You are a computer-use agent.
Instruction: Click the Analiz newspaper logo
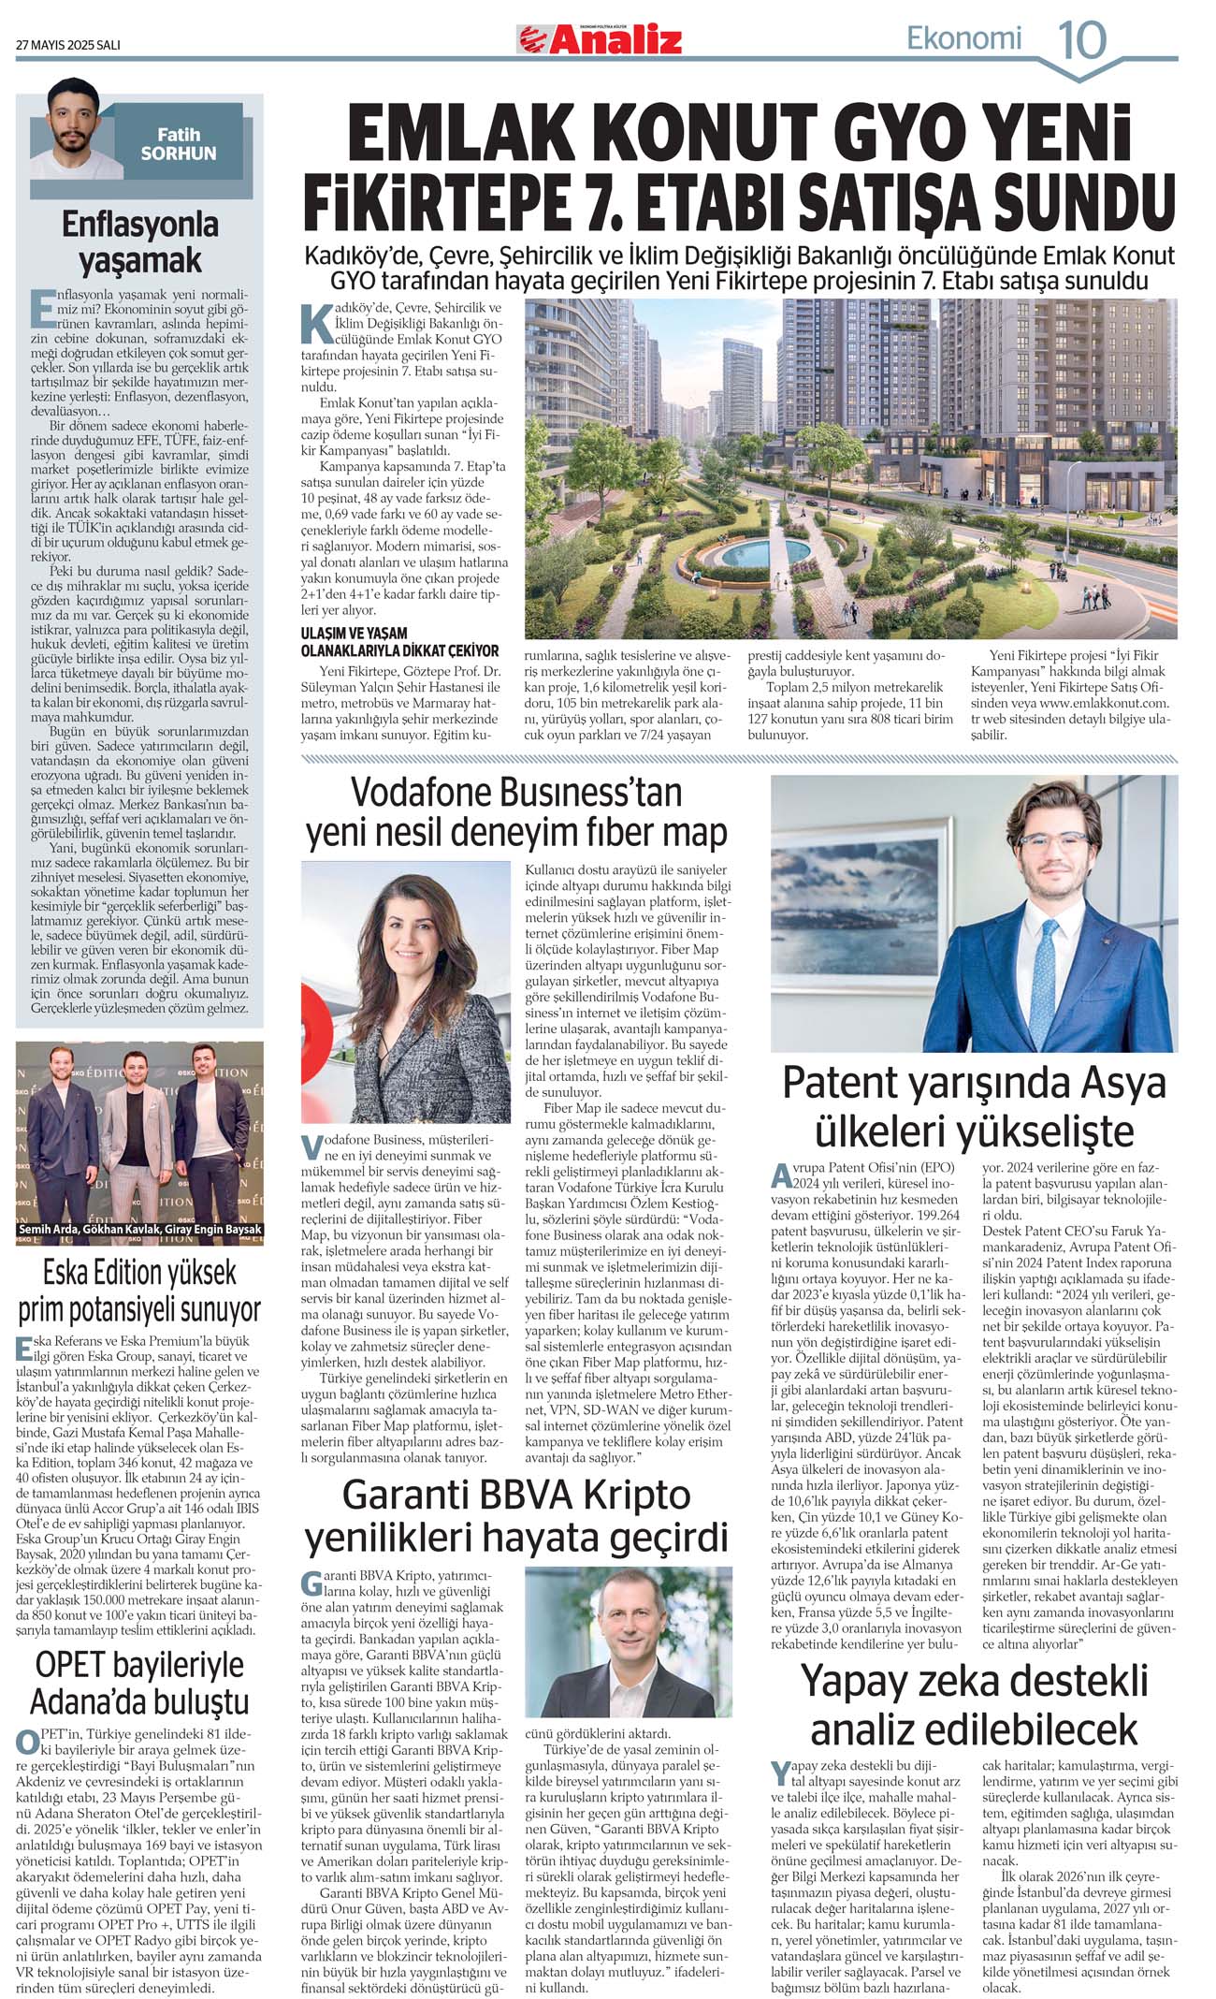(x=600, y=40)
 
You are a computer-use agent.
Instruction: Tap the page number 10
(x=1081, y=40)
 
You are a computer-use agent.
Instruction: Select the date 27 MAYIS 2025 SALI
(x=68, y=45)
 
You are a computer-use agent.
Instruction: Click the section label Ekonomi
(x=963, y=38)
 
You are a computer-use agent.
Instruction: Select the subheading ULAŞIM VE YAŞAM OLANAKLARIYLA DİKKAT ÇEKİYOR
(x=399, y=641)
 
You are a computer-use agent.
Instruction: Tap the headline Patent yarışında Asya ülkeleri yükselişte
(x=974, y=1106)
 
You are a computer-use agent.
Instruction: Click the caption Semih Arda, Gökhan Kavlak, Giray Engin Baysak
(x=140, y=1230)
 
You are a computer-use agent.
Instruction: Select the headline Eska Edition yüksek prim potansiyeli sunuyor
(x=140, y=1291)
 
